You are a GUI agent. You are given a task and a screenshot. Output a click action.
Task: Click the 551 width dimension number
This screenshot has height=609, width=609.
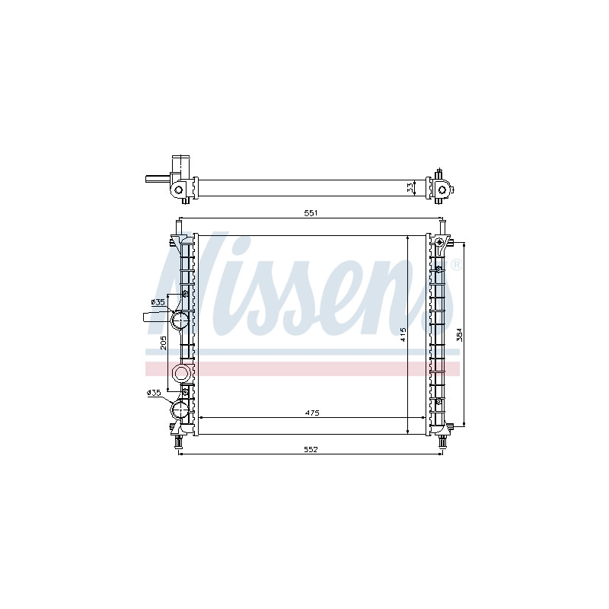click(311, 213)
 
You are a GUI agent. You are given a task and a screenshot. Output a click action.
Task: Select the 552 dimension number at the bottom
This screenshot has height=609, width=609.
click(311, 449)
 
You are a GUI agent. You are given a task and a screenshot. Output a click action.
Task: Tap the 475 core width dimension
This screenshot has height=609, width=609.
click(312, 413)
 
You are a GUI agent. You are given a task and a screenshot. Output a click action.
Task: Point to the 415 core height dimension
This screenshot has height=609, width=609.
click(403, 334)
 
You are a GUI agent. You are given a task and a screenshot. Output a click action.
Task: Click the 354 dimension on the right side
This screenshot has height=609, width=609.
click(460, 334)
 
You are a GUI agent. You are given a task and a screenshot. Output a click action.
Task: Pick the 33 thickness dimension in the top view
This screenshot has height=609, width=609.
click(410, 188)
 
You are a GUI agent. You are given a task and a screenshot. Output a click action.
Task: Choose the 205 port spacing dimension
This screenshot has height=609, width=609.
click(164, 343)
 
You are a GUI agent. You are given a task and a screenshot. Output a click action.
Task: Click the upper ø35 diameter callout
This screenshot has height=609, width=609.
click(158, 301)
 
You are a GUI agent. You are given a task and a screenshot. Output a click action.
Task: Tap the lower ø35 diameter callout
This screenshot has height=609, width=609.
click(154, 393)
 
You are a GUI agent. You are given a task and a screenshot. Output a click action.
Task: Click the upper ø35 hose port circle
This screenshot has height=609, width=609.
click(180, 320)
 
